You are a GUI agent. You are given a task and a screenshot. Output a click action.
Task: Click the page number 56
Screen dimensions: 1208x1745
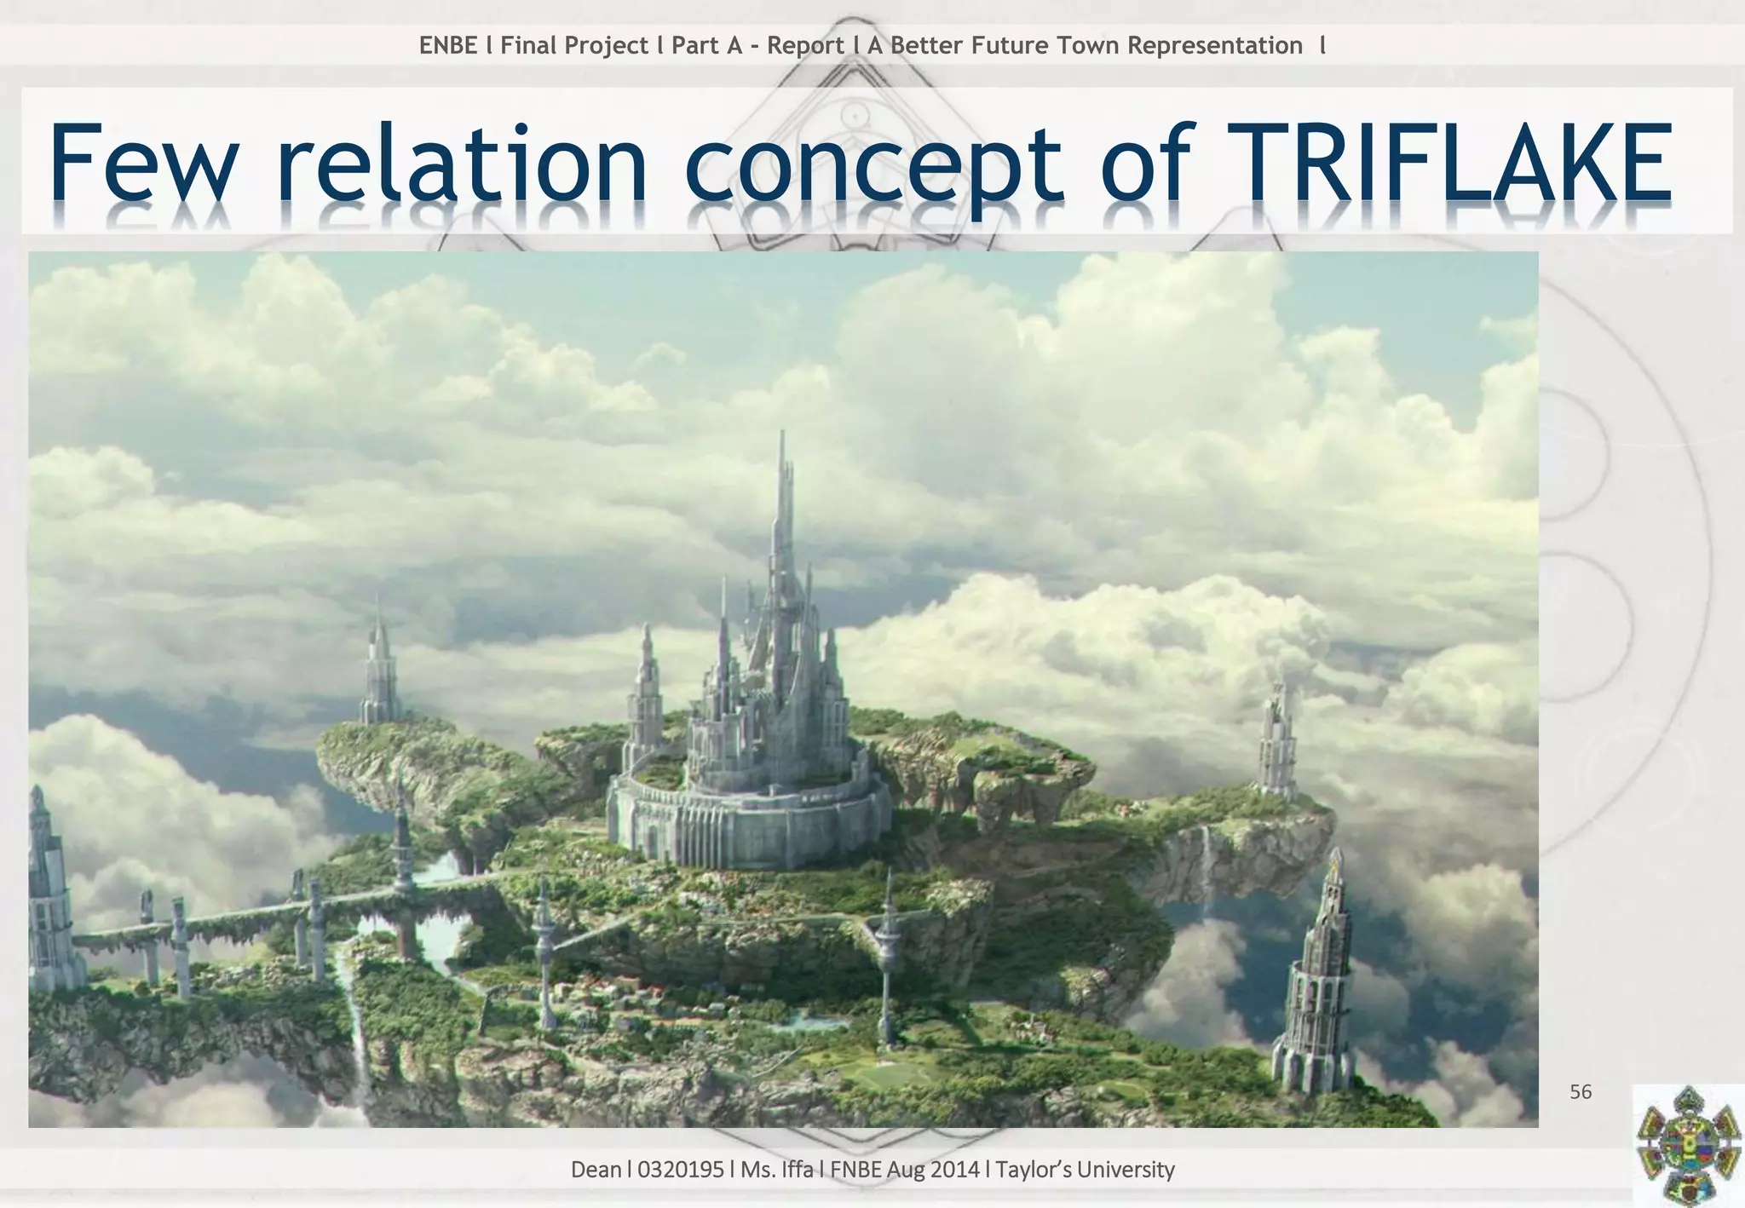point(1581,1092)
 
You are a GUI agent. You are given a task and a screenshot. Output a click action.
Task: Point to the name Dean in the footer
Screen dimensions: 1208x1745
point(596,1170)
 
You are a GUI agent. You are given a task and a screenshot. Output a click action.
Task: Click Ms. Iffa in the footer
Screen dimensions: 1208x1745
point(776,1170)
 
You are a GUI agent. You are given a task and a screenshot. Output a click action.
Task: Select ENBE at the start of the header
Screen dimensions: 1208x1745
point(448,45)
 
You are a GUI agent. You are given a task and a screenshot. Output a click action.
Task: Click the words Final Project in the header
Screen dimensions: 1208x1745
point(574,45)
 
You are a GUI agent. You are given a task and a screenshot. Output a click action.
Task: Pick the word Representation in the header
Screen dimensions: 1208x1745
point(1214,45)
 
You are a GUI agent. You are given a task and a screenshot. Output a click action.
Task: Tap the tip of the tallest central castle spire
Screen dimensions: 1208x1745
point(782,434)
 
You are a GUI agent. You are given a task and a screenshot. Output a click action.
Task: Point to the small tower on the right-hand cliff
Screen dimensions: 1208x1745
point(1277,741)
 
